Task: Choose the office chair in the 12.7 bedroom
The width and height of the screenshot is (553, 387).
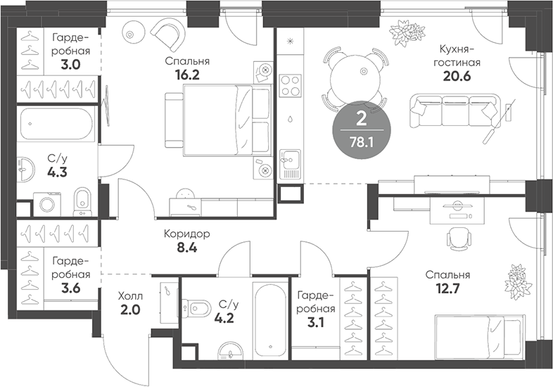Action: [x=458, y=239]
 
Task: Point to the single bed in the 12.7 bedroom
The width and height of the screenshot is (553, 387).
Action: [x=478, y=334]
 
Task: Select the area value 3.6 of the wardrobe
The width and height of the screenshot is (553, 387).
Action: [x=70, y=286]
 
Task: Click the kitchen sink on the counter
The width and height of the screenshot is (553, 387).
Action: [x=289, y=164]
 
